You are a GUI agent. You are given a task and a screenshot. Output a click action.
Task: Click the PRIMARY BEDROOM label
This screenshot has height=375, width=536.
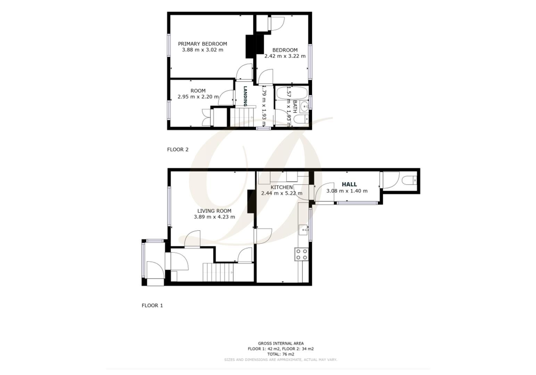coord(202,44)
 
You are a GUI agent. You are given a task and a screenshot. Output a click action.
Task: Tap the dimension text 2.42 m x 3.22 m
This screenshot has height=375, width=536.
coord(285,56)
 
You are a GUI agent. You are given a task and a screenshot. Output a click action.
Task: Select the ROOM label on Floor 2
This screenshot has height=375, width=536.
coord(198,91)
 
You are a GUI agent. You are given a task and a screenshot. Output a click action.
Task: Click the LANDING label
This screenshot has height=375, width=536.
coord(245,96)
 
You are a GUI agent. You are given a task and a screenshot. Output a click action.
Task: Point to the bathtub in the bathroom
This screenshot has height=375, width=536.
coord(291,93)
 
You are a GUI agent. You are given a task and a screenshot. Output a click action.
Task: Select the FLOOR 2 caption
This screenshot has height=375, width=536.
coord(178,150)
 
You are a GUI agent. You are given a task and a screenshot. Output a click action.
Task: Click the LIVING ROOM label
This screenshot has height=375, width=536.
coord(214,211)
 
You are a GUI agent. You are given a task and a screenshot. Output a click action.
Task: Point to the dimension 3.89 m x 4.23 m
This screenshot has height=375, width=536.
coord(214,217)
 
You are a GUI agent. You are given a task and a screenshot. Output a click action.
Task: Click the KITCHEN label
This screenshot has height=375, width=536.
coord(281,187)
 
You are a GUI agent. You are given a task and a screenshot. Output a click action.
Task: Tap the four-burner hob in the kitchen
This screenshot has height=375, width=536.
coord(301,254)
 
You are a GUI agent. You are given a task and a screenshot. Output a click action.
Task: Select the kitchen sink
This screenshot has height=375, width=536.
coord(304,230)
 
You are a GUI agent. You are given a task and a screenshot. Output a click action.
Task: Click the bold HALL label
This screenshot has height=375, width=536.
coord(349,184)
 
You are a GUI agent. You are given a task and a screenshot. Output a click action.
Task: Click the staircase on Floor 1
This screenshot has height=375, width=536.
coord(217,272)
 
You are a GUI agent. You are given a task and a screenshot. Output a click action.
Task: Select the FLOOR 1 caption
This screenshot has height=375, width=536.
coord(152,306)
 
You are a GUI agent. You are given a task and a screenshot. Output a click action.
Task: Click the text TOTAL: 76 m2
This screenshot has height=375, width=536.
coord(280,354)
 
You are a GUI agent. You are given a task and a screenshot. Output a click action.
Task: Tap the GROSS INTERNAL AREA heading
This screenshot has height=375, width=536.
coord(280,343)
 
